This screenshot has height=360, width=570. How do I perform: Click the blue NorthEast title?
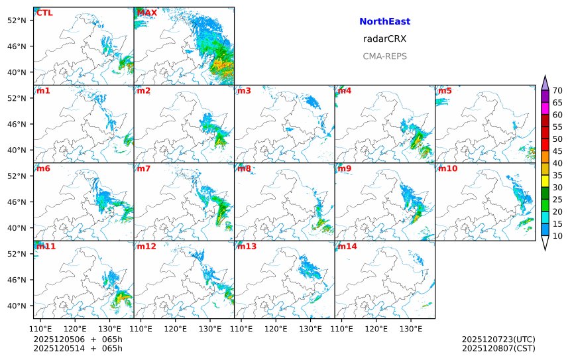[384, 22]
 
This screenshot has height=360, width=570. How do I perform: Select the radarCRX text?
[384, 39]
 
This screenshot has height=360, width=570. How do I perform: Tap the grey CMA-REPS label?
[384, 56]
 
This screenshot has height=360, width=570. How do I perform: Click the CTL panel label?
[44, 13]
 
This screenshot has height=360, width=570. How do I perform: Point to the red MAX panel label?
[147, 13]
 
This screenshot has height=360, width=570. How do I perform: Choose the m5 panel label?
[445, 91]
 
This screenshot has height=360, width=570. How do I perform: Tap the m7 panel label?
[144, 168]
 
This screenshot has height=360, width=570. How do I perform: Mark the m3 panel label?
[245, 91]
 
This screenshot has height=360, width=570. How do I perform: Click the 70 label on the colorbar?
[557, 90]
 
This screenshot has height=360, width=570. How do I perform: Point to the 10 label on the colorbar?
[557, 236]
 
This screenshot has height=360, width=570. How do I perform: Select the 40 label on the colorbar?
[557, 163]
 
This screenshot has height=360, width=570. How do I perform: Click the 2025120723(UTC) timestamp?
[498, 339]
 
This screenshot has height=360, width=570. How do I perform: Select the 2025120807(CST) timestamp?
[498, 348]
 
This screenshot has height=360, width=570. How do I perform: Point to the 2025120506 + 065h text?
[78, 339]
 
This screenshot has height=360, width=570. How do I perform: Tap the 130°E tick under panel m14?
[411, 328]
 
